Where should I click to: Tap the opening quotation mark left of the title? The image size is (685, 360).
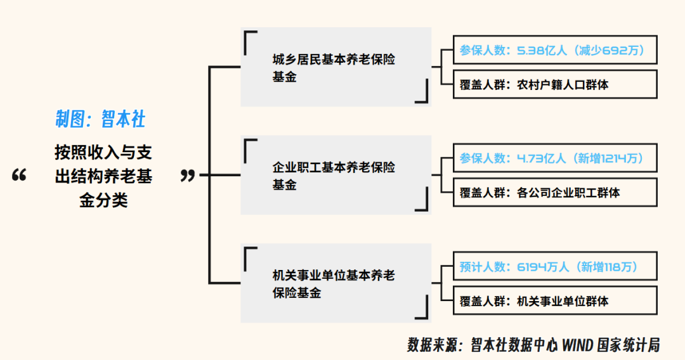20,176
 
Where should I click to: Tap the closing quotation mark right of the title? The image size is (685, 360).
188,176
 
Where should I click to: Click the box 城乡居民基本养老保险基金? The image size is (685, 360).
335,68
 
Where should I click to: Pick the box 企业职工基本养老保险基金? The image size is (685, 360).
335,176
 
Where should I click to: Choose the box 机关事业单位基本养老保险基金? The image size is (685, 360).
335,283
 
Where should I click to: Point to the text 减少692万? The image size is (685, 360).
611,51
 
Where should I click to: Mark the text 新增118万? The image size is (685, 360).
606,267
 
